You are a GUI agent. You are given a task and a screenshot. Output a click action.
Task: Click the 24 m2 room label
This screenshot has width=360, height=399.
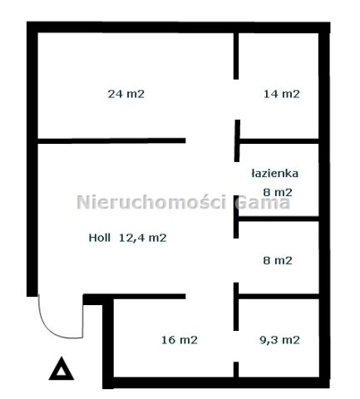(x=126, y=94)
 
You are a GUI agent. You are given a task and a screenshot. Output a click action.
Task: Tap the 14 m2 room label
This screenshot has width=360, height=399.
(x=281, y=94)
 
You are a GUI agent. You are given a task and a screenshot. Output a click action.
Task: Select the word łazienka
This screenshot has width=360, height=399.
(x=275, y=174)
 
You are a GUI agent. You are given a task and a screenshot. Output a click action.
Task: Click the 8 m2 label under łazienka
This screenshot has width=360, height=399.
(x=278, y=192)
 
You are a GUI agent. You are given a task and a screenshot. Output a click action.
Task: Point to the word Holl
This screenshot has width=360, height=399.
(x=99, y=238)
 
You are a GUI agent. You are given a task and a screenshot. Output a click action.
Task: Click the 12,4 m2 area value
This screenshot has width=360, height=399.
(x=143, y=238)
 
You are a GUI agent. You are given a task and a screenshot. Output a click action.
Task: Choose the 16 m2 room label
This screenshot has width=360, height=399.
(x=180, y=340)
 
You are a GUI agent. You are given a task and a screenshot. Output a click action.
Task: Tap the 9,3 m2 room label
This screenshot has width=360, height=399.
(x=279, y=340)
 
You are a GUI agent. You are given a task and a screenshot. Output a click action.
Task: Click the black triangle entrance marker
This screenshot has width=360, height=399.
(x=62, y=368)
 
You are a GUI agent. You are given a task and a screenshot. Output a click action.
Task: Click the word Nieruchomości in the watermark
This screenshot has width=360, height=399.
(x=151, y=202)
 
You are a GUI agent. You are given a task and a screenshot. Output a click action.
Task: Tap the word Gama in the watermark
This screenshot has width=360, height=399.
(x=262, y=202)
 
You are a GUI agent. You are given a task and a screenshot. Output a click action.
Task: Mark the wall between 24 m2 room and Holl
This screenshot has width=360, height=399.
(x=111, y=140)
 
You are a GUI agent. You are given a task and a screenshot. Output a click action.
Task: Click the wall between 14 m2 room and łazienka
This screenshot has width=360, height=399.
(x=279, y=141)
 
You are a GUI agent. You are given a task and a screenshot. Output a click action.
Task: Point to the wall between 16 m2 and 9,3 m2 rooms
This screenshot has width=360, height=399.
(x=236, y=307)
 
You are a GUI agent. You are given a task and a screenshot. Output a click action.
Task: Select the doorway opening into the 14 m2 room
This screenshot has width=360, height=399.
(x=236, y=100)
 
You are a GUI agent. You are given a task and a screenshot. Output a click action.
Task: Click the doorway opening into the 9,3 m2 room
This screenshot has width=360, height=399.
(x=236, y=347)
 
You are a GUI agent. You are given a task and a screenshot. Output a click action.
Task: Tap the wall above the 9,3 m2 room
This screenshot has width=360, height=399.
(x=279, y=297)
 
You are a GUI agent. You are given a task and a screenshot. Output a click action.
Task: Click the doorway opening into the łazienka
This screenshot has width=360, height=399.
(x=236, y=179)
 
